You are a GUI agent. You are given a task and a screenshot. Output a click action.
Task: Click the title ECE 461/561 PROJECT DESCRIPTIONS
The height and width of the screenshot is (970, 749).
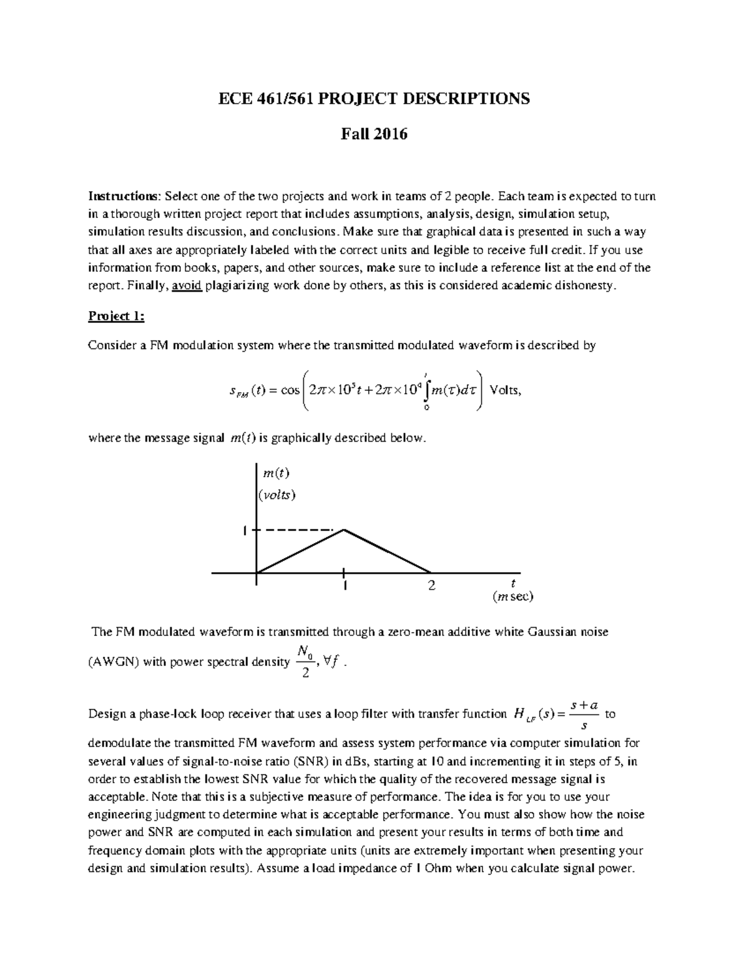coord(373,99)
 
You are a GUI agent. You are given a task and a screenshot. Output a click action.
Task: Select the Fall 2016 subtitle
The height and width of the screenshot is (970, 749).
coord(373,134)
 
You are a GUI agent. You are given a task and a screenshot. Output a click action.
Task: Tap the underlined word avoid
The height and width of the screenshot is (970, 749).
coord(186,286)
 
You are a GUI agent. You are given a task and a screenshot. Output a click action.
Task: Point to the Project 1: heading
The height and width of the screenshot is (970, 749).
coord(116,316)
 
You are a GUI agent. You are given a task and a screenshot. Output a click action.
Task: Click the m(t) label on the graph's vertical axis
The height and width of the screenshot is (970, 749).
coord(277,473)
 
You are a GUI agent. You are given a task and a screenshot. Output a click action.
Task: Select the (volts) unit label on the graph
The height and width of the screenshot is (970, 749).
coord(277,495)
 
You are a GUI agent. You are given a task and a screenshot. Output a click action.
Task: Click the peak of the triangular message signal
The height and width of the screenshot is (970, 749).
coord(343,530)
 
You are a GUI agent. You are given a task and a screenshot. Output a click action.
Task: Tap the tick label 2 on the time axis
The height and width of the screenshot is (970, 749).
coord(431,586)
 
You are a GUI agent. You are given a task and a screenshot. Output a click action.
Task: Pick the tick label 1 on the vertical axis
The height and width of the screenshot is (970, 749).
coord(245,530)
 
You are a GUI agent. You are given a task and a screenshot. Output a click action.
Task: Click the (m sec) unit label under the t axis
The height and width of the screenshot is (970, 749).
coord(512,597)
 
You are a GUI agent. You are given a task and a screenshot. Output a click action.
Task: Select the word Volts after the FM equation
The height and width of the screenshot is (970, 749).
coord(505,390)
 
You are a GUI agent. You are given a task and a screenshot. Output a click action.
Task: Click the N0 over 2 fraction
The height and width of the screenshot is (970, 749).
coord(305,663)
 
